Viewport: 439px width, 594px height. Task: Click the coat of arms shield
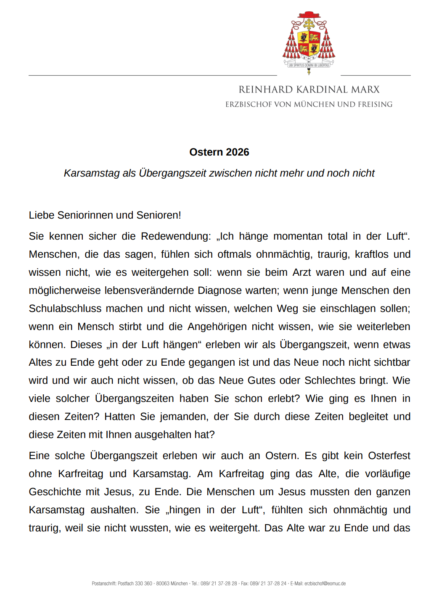pos(309,43)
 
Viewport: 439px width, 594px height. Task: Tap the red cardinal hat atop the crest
pos(309,15)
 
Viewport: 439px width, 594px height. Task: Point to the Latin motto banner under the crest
pos(309,65)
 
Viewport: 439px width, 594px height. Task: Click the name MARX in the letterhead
pos(365,90)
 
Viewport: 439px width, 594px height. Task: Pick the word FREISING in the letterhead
pos(375,104)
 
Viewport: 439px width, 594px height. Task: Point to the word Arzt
pos(301,272)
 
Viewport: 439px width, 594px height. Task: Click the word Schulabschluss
pos(65,309)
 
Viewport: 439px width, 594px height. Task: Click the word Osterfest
pos(389,456)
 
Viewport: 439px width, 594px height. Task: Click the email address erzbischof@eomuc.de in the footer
pos(325,583)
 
